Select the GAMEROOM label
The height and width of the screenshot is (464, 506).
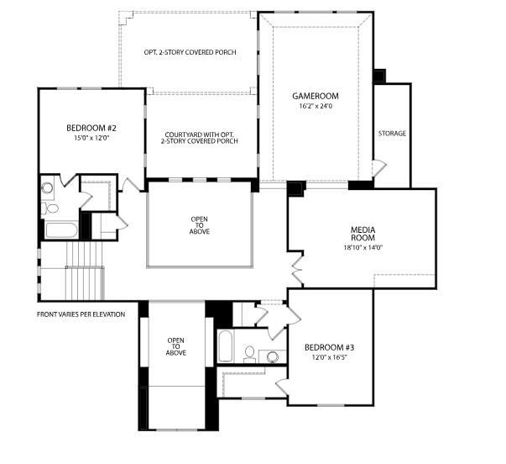point(315,96)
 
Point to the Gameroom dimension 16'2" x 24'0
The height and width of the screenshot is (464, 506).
point(315,106)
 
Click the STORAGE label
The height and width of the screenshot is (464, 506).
point(392,134)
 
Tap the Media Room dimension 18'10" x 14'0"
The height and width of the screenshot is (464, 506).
point(362,248)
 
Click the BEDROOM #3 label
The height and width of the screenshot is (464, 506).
point(328,347)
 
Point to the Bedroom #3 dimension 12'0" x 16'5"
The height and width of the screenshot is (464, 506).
point(328,357)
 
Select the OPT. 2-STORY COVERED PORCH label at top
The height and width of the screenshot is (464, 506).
point(190,52)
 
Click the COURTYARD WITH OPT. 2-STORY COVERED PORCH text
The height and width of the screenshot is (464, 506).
point(201,137)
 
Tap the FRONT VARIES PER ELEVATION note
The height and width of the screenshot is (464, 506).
point(81,314)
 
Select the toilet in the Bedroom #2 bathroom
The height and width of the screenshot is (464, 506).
point(51,208)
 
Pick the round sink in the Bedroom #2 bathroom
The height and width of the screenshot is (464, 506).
point(47,188)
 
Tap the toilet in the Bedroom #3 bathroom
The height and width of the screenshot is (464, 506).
point(250,353)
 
